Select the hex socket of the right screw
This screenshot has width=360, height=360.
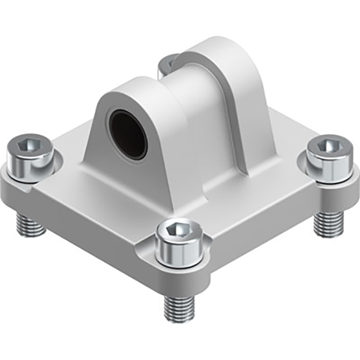click(327, 146)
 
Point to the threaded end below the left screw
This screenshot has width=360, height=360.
click(30, 224)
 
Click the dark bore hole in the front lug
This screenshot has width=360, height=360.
click(128, 135)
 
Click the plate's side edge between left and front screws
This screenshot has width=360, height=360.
click(87, 226)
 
